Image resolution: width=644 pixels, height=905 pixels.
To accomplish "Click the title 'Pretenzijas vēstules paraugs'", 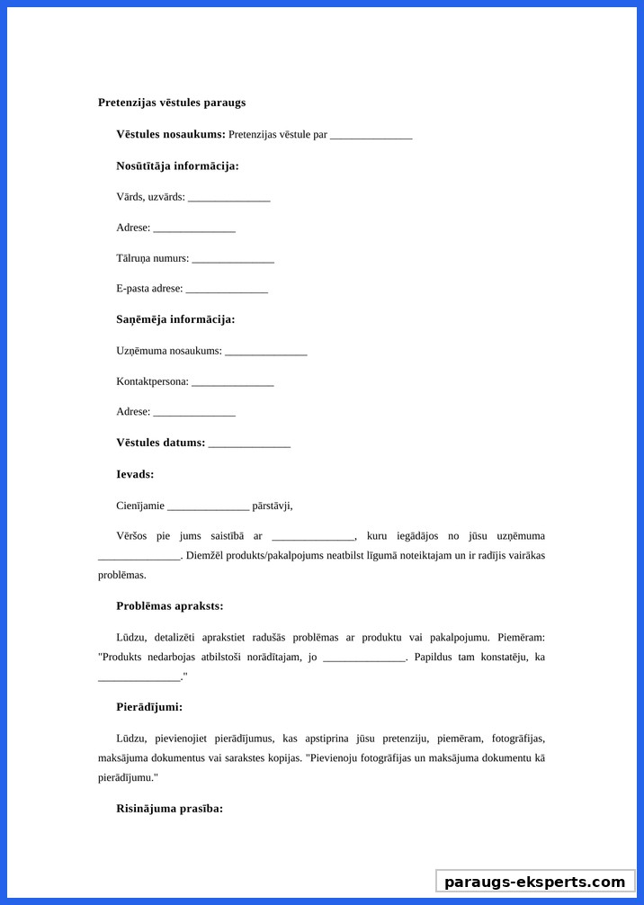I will pyautogui.click(x=172, y=103).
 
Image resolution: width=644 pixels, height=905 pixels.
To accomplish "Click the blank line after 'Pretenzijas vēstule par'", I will pyautogui.click(x=371, y=135).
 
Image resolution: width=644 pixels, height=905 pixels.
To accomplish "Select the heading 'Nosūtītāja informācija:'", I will pyautogui.click(x=177, y=166).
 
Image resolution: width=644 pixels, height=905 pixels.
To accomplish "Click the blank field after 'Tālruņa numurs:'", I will pyautogui.click(x=233, y=258).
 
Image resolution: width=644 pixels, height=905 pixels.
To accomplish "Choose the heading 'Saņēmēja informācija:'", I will pyautogui.click(x=175, y=319).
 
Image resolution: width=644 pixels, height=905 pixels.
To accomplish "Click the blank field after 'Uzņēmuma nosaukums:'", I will pyautogui.click(x=266, y=351).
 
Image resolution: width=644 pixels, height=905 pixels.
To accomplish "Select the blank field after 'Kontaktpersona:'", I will pyautogui.click(x=233, y=381).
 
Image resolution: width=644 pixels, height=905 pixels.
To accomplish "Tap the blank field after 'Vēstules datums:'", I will pyautogui.click(x=249, y=443).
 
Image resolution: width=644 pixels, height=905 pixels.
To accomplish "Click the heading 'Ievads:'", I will pyautogui.click(x=135, y=474).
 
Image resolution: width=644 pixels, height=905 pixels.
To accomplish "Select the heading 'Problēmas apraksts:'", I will pyautogui.click(x=170, y=605).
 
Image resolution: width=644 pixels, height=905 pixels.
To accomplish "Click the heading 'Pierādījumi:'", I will pyautogui.click(x=149, y=707).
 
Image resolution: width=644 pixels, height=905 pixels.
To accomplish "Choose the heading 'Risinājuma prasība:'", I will pyautogui.click(x=170, y=809).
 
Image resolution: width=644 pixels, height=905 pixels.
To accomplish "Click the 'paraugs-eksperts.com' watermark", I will pyautogui.click(x=534, y=882).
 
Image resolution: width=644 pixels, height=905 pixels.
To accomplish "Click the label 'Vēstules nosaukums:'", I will pyautogui.click(x=171, y=134).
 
